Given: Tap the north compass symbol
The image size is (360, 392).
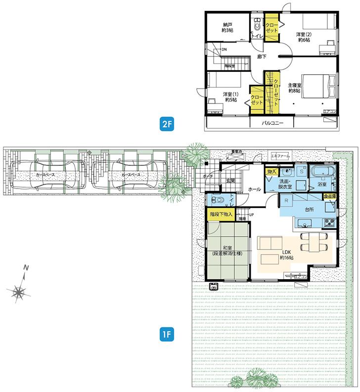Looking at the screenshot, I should pos(20,293).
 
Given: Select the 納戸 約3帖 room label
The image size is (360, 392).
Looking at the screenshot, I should pos(227,27).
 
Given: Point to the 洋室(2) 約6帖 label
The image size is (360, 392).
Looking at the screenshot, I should pos(304,37).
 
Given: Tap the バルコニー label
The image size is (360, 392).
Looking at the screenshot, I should pos(272,123).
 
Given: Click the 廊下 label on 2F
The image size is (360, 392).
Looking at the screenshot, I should pos(262,57).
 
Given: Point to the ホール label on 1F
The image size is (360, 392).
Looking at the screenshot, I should pos(254,190).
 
